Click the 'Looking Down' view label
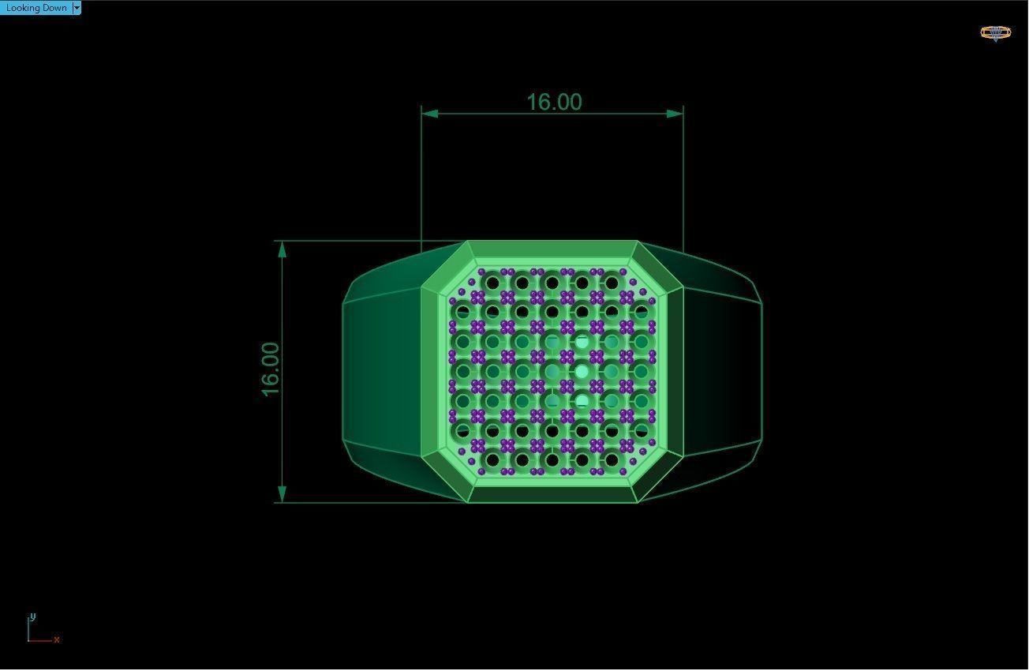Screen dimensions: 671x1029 tap(36, 8)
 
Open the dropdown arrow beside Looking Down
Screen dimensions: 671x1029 tap(77, 8)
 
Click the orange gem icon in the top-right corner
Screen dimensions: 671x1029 tap(995, 32)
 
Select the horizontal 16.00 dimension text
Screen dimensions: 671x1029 tap(553, 102)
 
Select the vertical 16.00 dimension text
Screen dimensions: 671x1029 tap(270, 369)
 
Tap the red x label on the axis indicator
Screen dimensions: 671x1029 tap(57, 639)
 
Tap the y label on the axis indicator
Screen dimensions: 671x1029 tap(32, 617)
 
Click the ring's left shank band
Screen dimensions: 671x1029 tap(383, 371)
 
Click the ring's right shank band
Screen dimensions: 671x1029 tap(722, 371)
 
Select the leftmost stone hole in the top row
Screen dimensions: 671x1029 tap(492, 282)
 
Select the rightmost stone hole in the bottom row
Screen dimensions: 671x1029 tap(612, 460)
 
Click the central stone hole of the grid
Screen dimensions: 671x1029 tap(552, 371)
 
